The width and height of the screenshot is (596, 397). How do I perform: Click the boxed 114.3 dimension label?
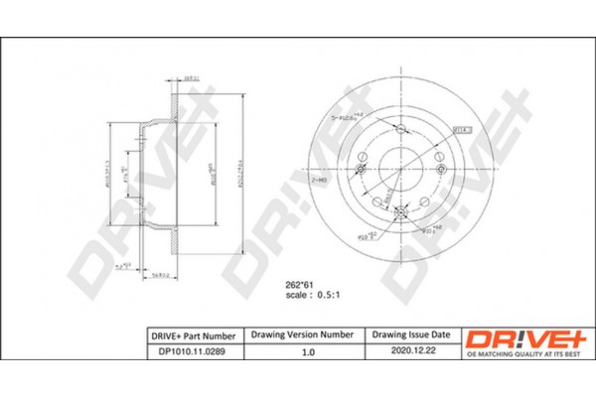point(463,129)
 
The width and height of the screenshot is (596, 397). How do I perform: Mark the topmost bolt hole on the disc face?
point(398,130)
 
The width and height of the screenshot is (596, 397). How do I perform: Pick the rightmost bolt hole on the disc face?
point(434,156)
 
